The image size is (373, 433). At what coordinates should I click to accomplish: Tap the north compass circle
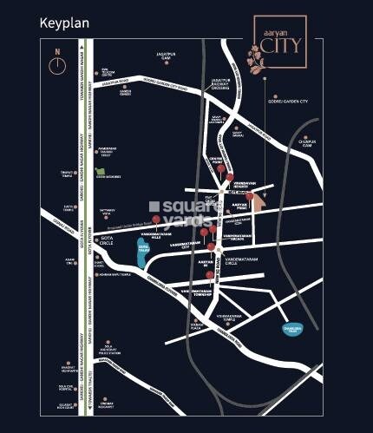[57, 63]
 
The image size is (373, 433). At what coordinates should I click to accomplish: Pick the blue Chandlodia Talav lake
[297, 329]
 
